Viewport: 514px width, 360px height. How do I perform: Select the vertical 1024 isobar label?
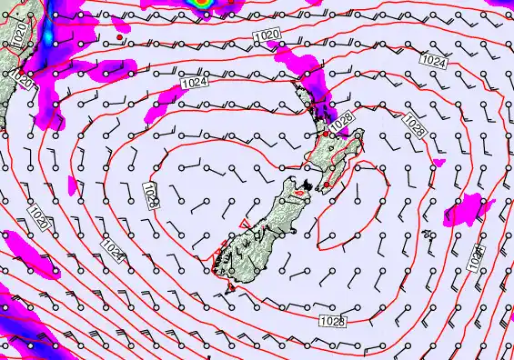tap(476, 260)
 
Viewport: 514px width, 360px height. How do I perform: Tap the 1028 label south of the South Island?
tap(332, 321)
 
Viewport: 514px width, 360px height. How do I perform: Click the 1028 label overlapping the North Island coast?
tap(341, 119)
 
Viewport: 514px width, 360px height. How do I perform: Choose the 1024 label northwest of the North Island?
tap(193, 83)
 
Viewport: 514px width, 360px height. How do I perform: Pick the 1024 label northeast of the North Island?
tap(434, 61)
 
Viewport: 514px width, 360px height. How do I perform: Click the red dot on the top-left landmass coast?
tap(119, 37)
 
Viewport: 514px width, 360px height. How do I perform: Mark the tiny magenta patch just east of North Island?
tap(439, 163)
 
